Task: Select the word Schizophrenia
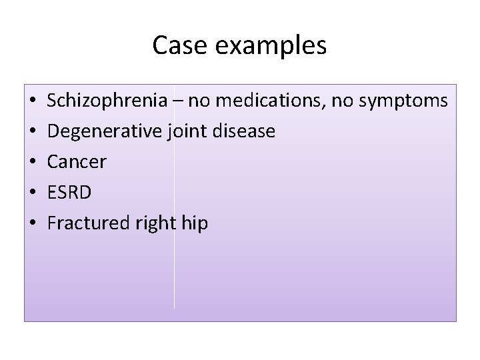107,101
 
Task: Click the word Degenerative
104,131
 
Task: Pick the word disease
244,131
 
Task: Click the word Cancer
77,162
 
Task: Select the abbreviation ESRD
70,193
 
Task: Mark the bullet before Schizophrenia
33,102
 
